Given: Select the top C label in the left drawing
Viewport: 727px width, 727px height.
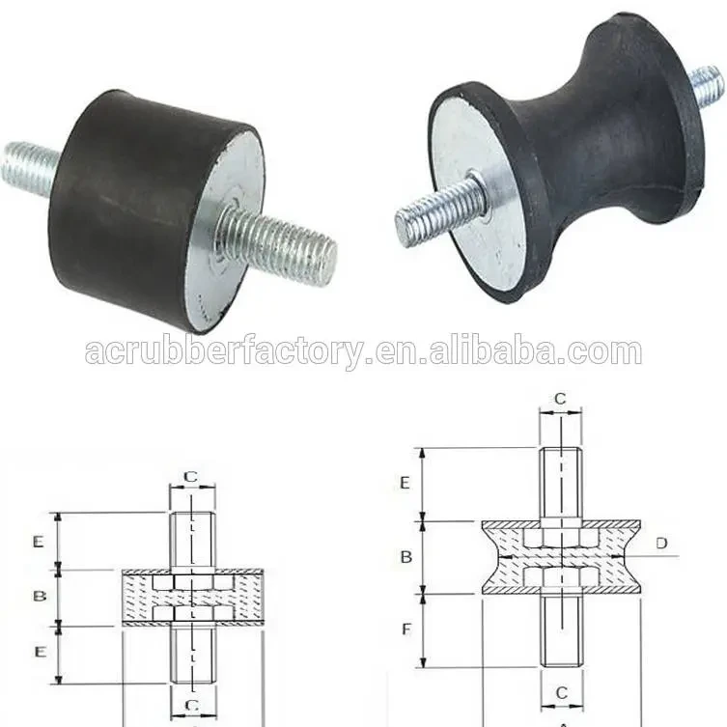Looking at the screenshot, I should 191,476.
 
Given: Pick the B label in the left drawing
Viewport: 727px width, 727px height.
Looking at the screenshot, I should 40,597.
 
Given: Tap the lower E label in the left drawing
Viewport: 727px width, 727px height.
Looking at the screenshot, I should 39,653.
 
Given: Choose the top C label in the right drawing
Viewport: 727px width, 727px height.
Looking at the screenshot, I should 560,399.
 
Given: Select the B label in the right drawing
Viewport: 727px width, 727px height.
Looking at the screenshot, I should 406,556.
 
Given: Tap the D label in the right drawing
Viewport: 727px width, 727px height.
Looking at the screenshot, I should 661,544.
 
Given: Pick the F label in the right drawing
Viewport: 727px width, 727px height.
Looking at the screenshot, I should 406,629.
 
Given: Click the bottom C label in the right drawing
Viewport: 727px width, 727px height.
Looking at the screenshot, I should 561,692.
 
